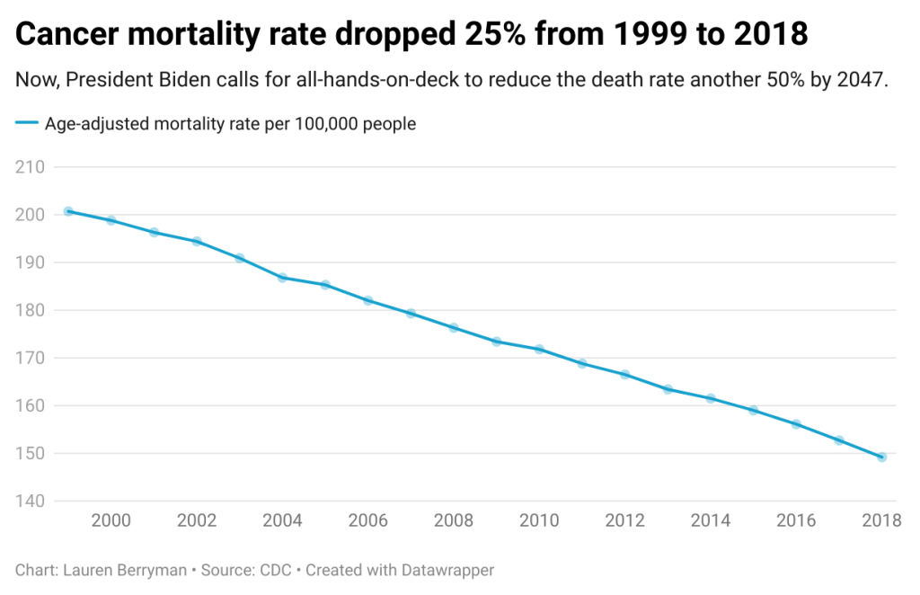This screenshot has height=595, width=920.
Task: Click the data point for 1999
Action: [x=68, y=211]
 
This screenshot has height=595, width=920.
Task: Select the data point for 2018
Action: [x=881, y=457]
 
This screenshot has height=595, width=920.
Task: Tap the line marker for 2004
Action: [x=282, y=278]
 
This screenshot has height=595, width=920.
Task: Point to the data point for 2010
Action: [x=539, y=349]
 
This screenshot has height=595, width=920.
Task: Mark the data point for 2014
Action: [x=711, y=398]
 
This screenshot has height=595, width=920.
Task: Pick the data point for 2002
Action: [x=197, y=241]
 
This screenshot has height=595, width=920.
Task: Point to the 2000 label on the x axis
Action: [x=111, y=520]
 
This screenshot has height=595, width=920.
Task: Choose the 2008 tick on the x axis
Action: [x=454, y=520]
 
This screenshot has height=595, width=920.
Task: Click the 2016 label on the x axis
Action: [x=796, y=520]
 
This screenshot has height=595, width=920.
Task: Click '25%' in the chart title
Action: [x=498, y=34]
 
